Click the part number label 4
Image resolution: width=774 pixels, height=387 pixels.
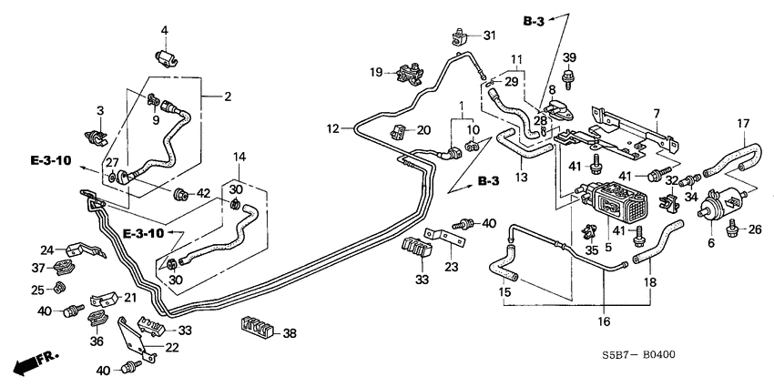pos(165,32)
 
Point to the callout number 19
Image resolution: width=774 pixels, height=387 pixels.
pos(375,72)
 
